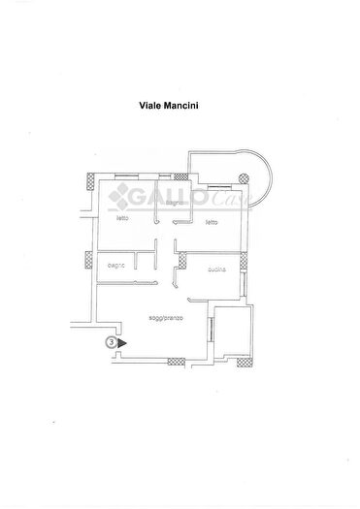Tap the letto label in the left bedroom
(123, 218)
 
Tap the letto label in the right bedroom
(211, 222)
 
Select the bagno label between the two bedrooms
(175, 203)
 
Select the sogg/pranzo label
(166, 317)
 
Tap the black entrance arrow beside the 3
(122, 341)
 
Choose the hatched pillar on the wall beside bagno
(88, 259)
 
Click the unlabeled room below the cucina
(233, 330)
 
